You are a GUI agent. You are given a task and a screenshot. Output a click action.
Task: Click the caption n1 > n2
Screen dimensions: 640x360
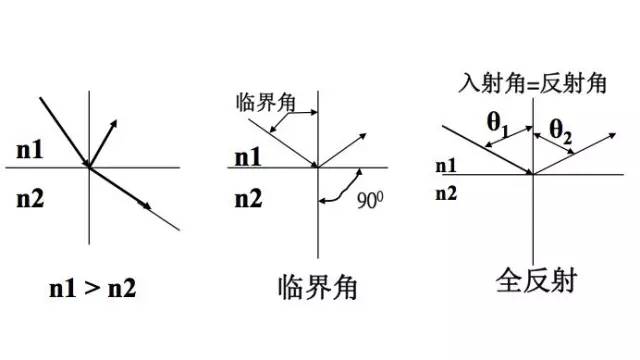tap(93, 289)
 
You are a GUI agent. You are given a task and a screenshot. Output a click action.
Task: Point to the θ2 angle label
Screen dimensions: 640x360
tap(561, 129)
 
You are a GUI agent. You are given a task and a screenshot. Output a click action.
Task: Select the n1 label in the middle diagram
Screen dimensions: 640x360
tap(247, 157)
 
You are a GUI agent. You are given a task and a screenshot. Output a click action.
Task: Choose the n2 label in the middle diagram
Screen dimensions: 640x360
tap(247, 198)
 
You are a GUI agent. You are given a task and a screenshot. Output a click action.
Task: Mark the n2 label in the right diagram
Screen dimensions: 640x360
tap(447, 192)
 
